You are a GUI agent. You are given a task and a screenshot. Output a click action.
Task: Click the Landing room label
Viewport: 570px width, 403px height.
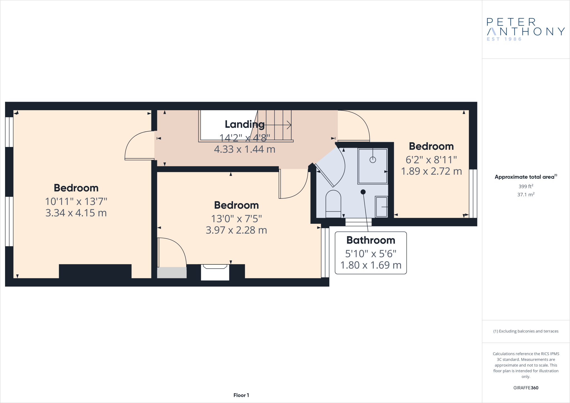pos(244,124)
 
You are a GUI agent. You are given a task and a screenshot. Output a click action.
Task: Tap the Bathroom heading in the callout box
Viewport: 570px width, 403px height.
pos(370,240)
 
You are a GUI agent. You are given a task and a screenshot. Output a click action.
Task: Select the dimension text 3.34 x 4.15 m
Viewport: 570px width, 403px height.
pos(76,213)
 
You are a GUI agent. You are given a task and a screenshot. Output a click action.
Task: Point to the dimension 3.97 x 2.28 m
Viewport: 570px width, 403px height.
pos(236,230)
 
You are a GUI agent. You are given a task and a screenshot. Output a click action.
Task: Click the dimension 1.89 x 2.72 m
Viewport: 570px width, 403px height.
pos(431,171)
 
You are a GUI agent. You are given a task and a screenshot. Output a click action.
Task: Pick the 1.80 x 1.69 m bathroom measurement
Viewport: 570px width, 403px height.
pos(370,265)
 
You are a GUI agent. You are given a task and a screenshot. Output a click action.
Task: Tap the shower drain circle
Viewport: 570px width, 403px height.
pos(373,160)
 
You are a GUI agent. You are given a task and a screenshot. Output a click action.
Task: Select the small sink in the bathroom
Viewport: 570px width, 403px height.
pos(381,207)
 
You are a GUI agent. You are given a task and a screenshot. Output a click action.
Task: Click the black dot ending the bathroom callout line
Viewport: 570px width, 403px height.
pos(363,192)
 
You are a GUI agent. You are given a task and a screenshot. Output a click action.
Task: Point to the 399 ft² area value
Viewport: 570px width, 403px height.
pos(525,186)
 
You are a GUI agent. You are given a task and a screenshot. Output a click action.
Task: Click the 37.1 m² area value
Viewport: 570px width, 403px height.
pos(525,195)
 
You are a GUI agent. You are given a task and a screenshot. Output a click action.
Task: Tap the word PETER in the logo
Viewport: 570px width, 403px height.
pos(511,22)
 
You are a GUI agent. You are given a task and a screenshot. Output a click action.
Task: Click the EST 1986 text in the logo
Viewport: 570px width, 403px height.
pos(504,39)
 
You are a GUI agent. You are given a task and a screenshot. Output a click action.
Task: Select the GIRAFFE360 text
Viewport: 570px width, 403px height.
pos(525,388)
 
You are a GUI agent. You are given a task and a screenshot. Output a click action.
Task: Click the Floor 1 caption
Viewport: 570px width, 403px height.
pos(241,395)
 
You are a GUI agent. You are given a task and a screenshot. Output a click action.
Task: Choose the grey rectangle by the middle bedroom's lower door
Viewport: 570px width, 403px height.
pos(172,273)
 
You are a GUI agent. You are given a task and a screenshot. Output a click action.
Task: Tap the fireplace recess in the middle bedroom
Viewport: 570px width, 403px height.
pos(215,273)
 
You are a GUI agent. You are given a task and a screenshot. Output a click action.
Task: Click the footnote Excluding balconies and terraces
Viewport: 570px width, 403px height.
pos(525,331)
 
